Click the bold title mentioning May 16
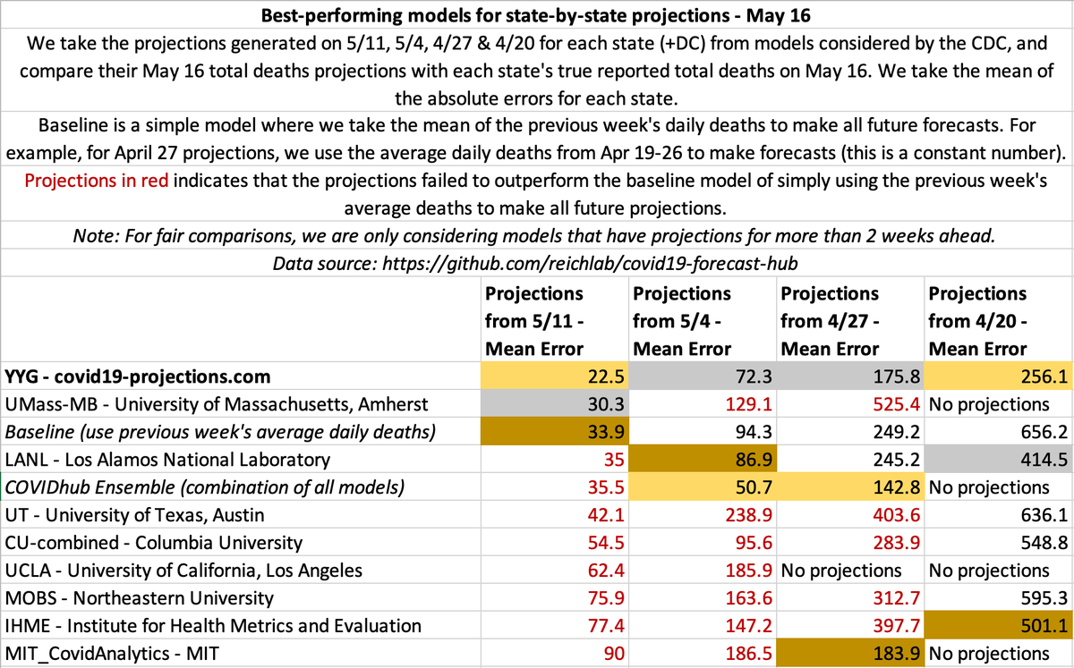point(536,14)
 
